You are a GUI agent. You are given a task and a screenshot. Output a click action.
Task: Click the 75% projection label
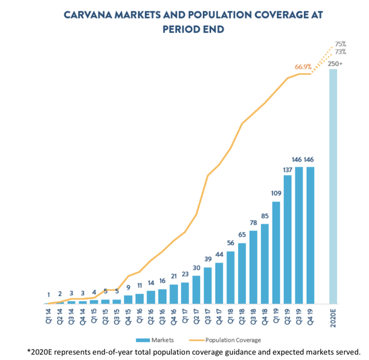[x=340, y=44]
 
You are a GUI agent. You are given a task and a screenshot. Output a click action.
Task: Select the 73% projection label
[x=340, y=52]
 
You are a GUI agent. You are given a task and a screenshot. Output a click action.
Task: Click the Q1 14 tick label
[x=48, y=316]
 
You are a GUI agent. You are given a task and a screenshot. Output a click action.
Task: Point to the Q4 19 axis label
[x=311, y=316]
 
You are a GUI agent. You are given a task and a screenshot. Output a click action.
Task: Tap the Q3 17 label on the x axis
[x=208, y=316]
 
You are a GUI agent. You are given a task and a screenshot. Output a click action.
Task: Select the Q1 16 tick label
[x=140, y=316]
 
